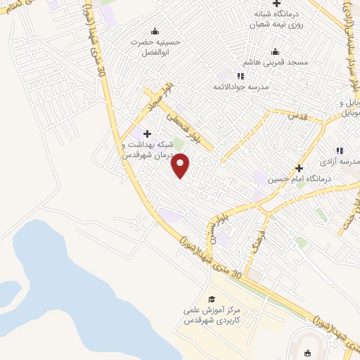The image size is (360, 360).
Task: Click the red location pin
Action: [181, 166]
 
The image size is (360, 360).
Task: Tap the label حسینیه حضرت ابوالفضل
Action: [155, 46]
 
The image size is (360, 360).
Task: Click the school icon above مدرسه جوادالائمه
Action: [240, 75]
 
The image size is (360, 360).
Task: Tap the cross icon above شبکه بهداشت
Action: [147, 134]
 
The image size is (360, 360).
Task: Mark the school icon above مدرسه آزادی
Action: [340, 150]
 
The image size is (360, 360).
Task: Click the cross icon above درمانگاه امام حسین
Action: [299, 168]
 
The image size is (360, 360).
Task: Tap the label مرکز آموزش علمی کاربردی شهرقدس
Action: [212, 314]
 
